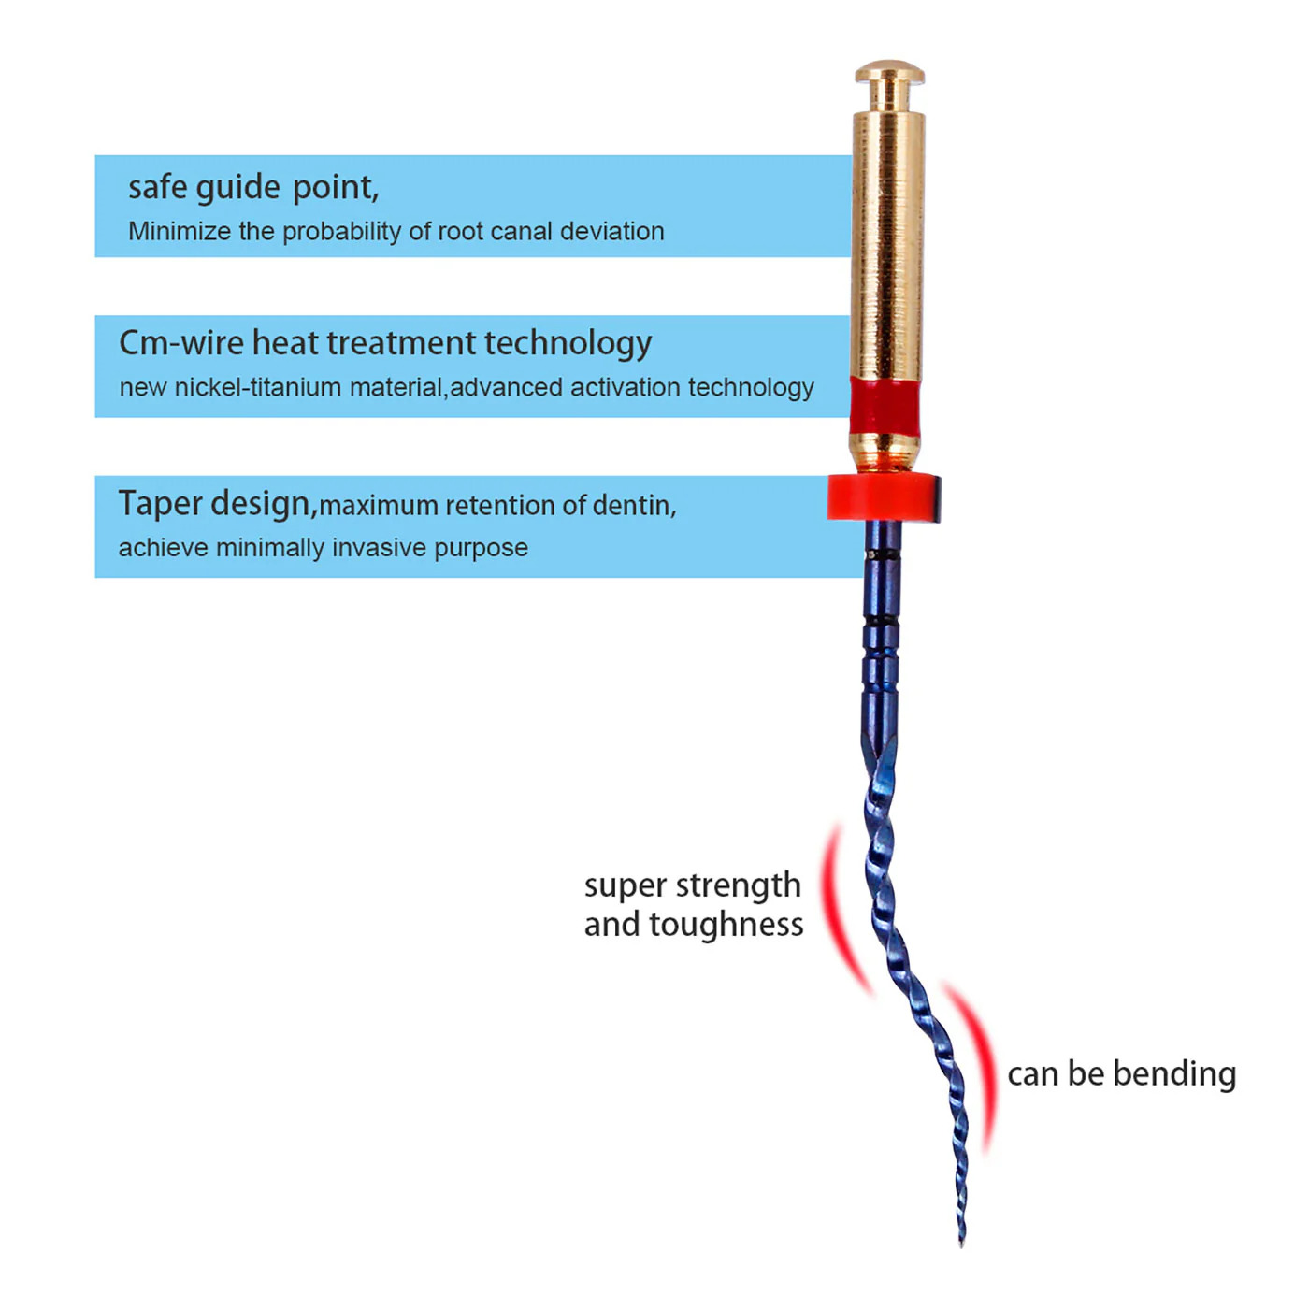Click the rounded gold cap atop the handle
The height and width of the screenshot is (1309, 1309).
pyautogui.click(x=888, y=74)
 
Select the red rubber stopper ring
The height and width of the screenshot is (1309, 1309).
pyautogui.click(x=883, y=497)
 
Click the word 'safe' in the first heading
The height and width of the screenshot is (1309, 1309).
pyautogui.click(x=157, y=187)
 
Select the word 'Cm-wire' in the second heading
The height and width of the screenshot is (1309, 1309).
pyautogui.click(x=181, y=343)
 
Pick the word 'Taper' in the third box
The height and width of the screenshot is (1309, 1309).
pyautogui.click(x=160, y=504)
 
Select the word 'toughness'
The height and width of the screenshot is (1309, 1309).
pyautogui.click(x=726, y=925)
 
